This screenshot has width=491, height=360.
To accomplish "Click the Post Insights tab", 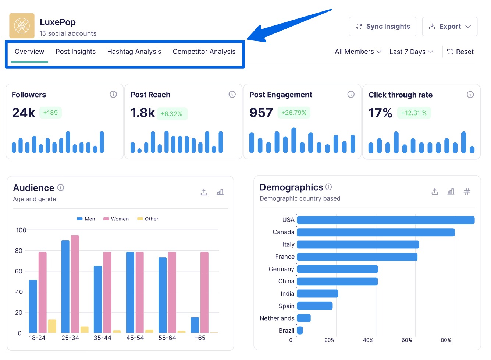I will [75, 52].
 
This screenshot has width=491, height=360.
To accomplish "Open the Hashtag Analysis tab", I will [134, 52].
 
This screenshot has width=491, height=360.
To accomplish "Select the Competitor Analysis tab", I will [204, 52].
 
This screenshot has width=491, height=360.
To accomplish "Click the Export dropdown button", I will [449, 27].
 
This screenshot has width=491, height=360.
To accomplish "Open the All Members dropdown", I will [358, 52].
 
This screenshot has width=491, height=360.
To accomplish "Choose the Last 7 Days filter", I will [411, 52].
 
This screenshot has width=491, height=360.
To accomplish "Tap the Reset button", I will [460, 52].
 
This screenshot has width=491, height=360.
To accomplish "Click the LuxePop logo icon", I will [22, 26].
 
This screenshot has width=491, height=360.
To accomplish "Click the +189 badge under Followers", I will [50, 113].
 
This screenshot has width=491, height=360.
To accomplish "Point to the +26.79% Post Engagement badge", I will [293, 113].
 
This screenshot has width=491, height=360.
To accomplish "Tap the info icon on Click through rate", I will [470, 95].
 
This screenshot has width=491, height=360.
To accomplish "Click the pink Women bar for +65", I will [204, 292].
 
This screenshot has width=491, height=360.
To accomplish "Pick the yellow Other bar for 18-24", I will [52, 326].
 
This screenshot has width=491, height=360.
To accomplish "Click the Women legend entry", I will [116, 219].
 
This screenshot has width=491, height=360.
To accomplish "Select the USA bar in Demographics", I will [385, 220].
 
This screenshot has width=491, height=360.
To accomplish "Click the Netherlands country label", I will [277, 318].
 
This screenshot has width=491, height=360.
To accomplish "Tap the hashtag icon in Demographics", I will [467, 191].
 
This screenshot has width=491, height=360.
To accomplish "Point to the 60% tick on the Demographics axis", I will [406, 340].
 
